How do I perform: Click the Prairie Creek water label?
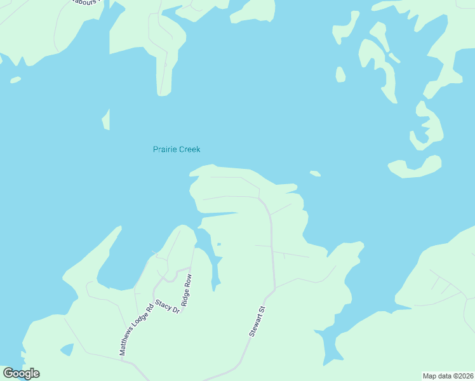177,150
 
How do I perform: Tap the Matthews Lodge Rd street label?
133,327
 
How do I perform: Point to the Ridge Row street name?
187,290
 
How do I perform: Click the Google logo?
21,373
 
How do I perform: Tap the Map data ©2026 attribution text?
448,376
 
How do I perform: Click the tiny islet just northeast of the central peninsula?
315,173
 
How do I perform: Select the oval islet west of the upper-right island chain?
340,75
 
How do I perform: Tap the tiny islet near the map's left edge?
15,80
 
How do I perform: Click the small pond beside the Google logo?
66,349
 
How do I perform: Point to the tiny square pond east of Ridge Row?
219,244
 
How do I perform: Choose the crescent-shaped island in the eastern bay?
415,168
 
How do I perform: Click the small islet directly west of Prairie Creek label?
106,119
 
